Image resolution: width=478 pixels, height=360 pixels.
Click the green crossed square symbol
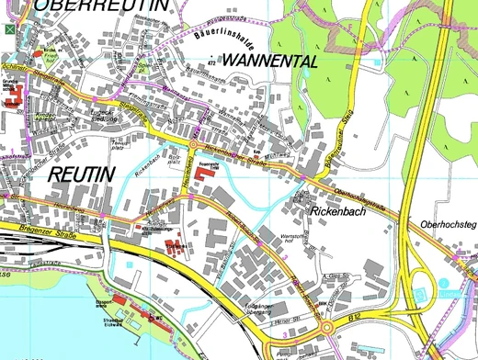[x=10, y=29]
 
